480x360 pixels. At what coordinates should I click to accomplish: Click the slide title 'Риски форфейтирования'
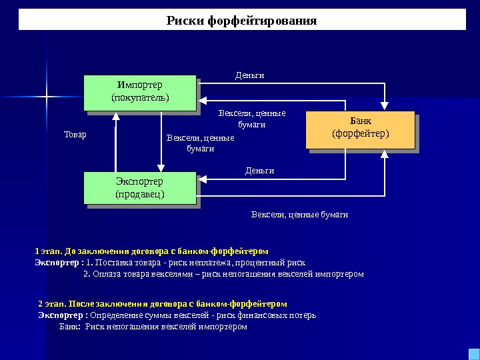click(x=241, y=21)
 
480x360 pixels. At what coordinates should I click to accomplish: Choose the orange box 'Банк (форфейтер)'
click(x=360, y=129)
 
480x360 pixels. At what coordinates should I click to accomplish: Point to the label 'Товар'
click(x=75, y=135)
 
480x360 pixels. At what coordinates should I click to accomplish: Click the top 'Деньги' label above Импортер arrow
click(x=250, y=75)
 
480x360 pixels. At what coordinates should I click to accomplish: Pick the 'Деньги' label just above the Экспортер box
click(x=259, y=171)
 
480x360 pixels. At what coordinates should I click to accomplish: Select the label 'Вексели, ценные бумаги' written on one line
click(x=299, y=215)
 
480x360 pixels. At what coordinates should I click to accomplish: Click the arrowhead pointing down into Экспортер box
click(x=161, y=167)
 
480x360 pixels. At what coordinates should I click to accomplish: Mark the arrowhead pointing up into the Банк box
click(x=385, y=155)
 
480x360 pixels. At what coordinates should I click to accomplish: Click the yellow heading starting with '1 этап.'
click(x=151, y=251)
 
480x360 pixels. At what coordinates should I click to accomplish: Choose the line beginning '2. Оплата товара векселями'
click(x=223, y=273)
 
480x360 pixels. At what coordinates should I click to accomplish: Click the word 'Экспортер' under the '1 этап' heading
click(x=55, y=262)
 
